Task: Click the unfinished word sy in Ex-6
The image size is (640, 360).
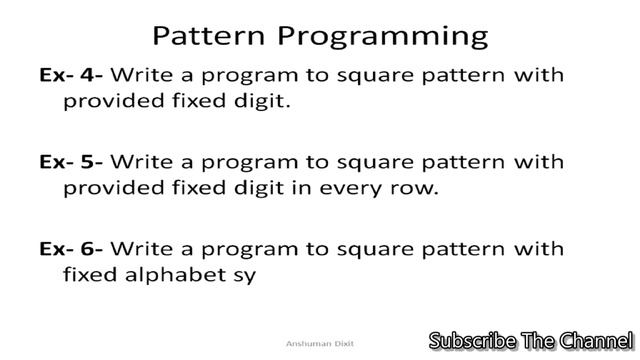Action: pyautogui.click(x=245, y=277)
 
